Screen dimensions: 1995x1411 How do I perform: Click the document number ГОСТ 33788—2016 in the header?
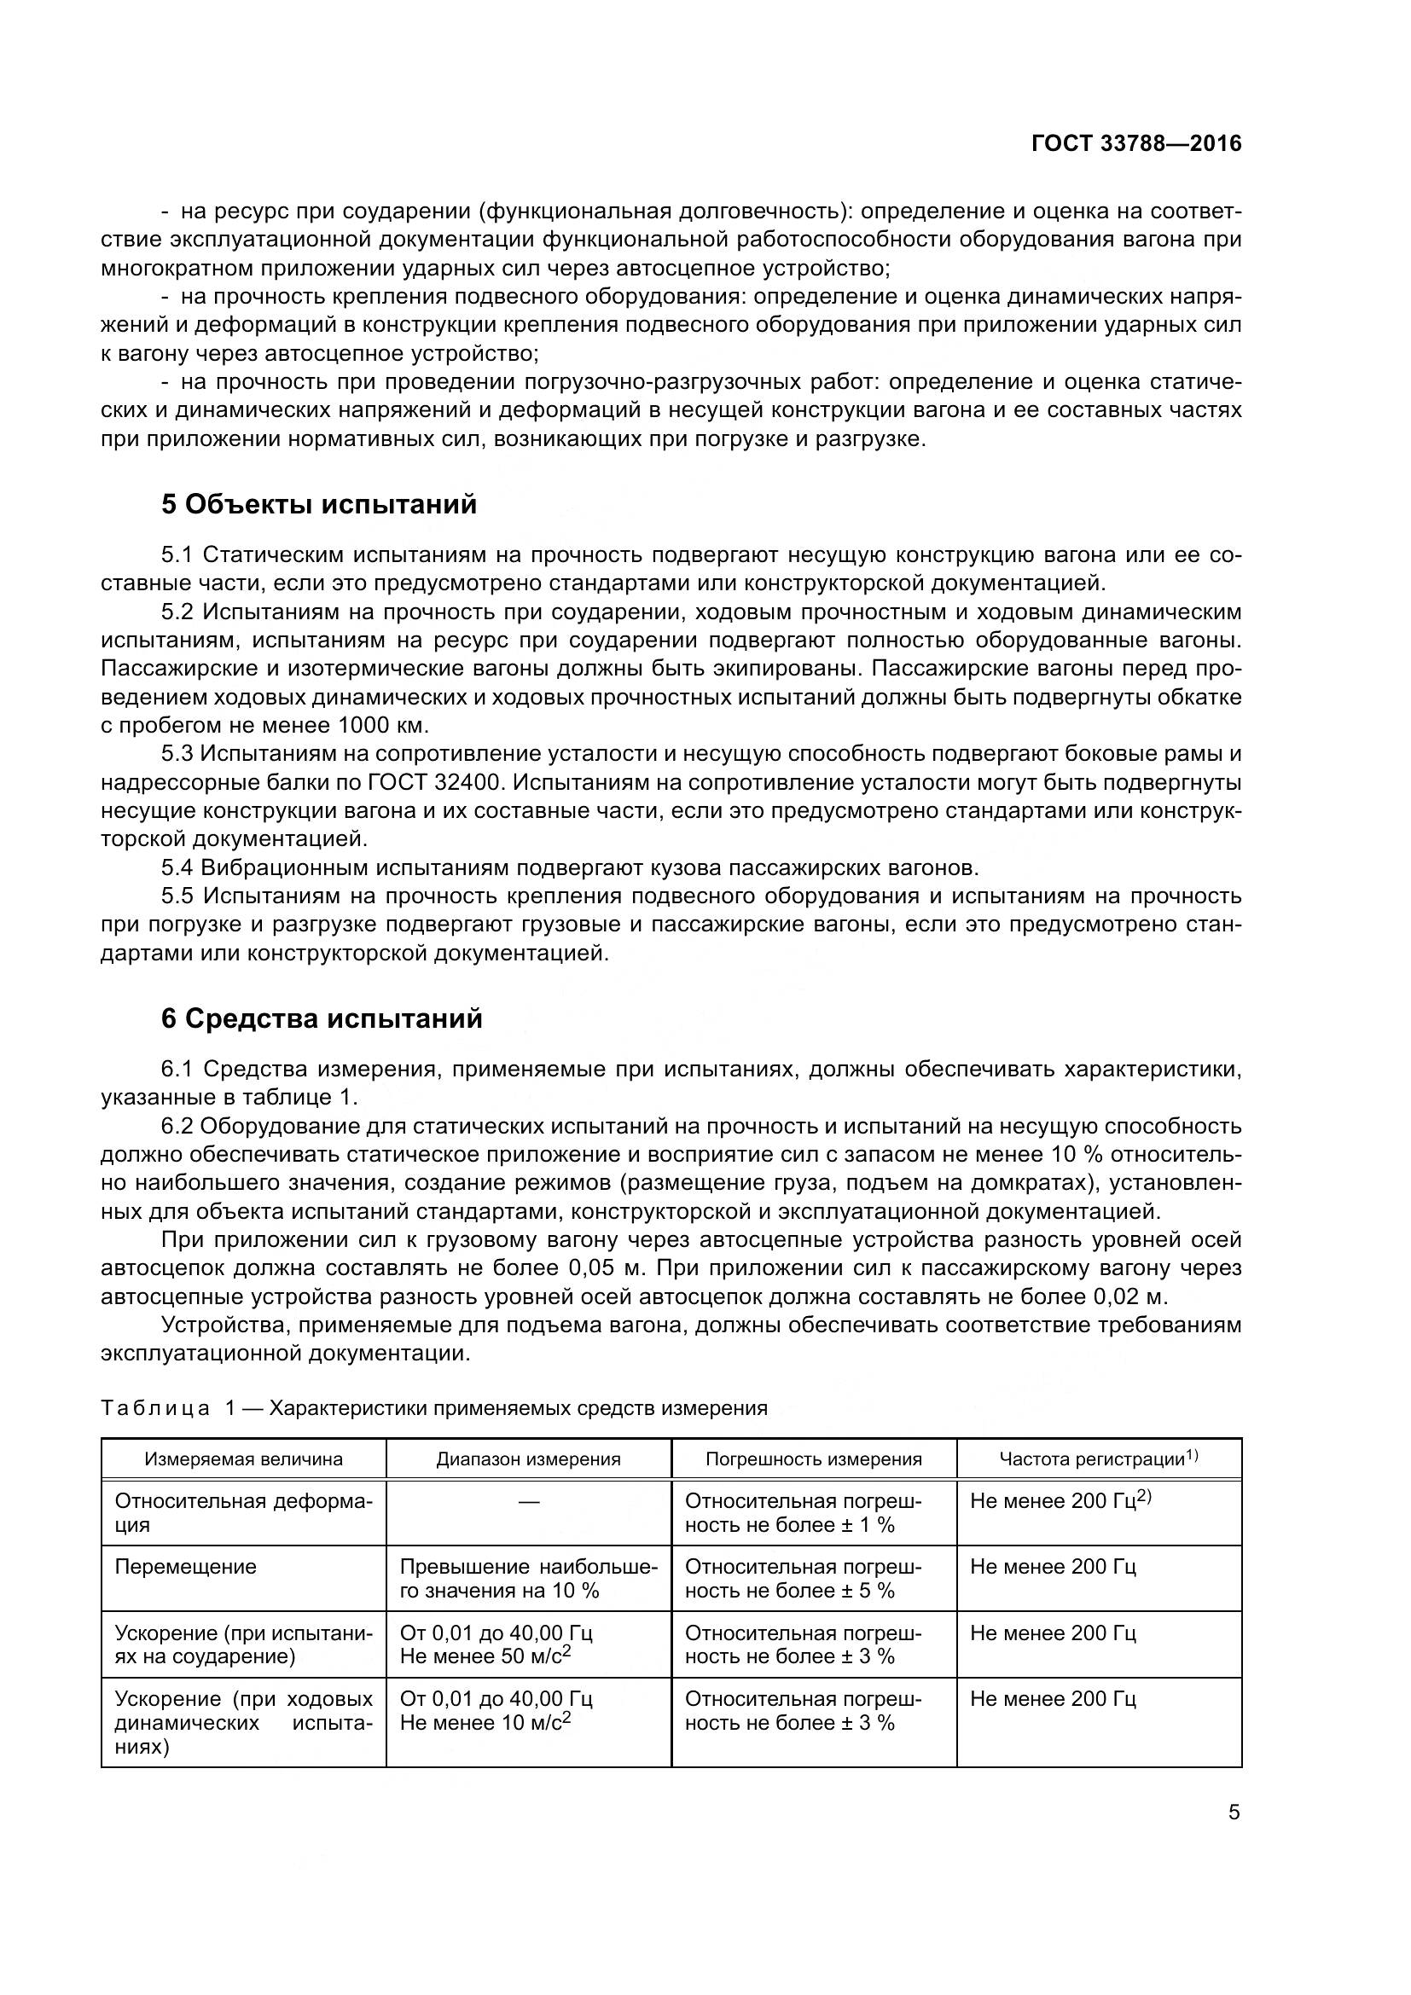click(x=1135, y=144)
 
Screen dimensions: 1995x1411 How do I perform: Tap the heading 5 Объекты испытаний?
click(x=319, y=504)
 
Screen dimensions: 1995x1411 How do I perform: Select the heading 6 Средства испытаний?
click(x=322, y=1018)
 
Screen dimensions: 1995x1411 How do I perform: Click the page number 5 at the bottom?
click(x=1234, y=1812)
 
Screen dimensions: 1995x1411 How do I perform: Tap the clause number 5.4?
click(x=179, y=867)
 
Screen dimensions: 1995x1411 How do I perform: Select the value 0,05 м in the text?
click(x=606, y=1267)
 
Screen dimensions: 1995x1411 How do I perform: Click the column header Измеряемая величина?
click(x=243, y=1459)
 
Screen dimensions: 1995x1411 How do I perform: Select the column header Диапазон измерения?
click(x=528, y=1459)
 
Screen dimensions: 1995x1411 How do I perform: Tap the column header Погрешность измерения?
click(x=813, y=1459)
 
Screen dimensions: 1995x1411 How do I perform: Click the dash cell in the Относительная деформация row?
click(x=528, y=1501)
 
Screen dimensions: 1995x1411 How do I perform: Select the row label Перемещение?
click(x=186, y=1567)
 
